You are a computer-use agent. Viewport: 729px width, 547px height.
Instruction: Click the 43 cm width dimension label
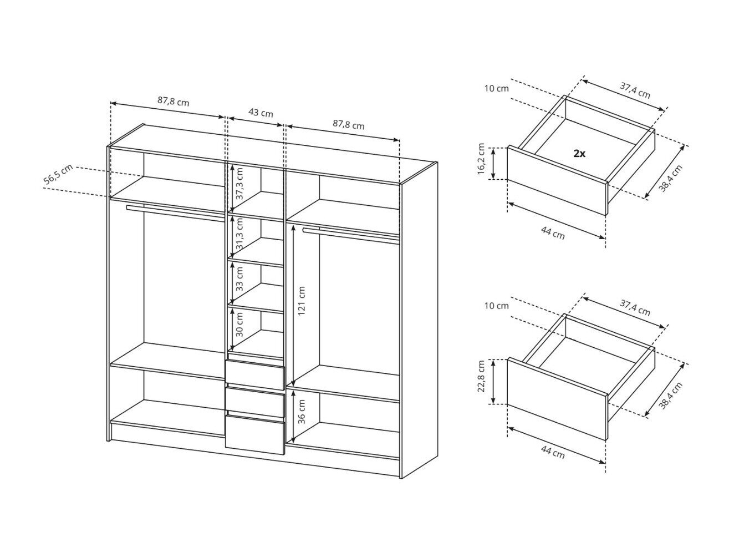click(261, 113)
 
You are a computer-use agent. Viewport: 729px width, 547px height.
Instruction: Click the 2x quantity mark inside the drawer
click(579, 154)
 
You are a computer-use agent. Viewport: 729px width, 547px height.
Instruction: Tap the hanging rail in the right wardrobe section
click(351, 235)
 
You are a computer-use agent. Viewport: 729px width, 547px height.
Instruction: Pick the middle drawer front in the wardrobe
click(255, 402)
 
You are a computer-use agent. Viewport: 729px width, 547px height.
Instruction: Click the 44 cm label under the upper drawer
click(553, 232)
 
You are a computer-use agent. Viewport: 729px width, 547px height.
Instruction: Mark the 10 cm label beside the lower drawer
click(497, 306)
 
